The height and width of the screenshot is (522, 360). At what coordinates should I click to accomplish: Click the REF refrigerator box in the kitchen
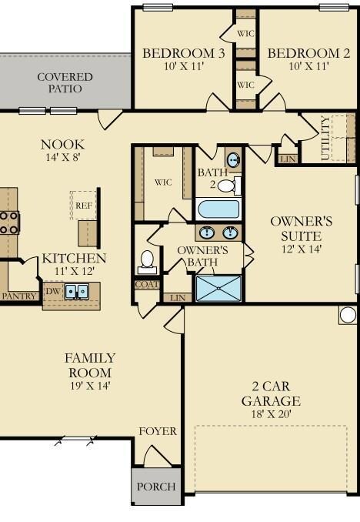[x=83, y=205]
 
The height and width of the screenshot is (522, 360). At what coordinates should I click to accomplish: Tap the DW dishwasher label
[x=53, y=291]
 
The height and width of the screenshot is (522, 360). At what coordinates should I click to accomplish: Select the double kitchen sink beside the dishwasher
[x=76, y=292]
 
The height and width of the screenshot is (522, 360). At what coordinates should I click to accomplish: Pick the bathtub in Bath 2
[x=218, y=209]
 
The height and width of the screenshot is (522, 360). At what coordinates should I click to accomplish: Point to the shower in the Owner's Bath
[x=218, y=288]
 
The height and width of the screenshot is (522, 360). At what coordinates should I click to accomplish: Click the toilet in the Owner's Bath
[x=147, y=262]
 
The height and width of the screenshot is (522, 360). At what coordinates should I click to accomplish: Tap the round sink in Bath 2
[x=234, y=160]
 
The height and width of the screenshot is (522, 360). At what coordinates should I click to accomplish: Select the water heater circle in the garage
[x=348, y=315]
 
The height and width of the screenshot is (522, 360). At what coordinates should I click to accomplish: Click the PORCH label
[x=156, y=487]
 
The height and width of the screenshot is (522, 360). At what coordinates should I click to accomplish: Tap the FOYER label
[x=158, y=431]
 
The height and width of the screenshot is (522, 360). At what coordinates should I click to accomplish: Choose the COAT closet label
[x=147, y=285]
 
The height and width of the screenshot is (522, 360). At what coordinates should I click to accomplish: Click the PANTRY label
[x=19, y=296]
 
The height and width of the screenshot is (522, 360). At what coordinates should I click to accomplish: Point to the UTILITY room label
[x=325, y=138]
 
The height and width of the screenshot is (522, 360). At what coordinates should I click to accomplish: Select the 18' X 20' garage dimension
[x=272, y=414]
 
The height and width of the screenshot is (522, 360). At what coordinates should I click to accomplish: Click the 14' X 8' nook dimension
[x=63, y=157]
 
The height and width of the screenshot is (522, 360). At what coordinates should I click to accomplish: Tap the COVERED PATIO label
[x=65, y=82]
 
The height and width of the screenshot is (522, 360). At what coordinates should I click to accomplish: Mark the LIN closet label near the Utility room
[x=288, y=159]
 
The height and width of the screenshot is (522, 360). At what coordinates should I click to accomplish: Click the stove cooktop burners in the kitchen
[x=8, y=223]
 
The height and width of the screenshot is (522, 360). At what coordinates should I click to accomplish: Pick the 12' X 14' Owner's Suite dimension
[x=302, y=249]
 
